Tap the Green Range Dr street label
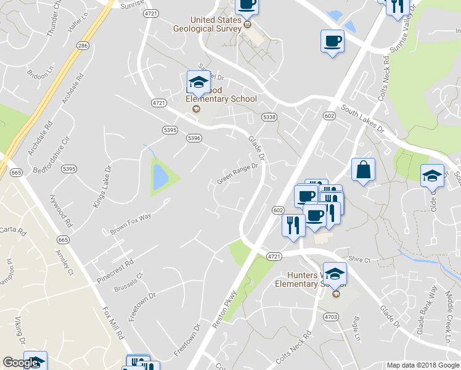[x=237, y=176]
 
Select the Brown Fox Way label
[x=131, y=223]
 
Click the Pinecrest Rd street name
[x=115, y=271]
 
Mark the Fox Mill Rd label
[x=115, y=321]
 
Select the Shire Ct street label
[x=358, y=260]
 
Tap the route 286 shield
[x=83, y=46]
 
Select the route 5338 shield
[x=269, y=117]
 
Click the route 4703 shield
[x=331, y=317]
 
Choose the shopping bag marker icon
[x=363, y=170]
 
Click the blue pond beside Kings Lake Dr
[x=160, y=177]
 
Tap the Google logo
[x=21, y=363]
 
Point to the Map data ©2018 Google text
[x=422, y=365]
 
